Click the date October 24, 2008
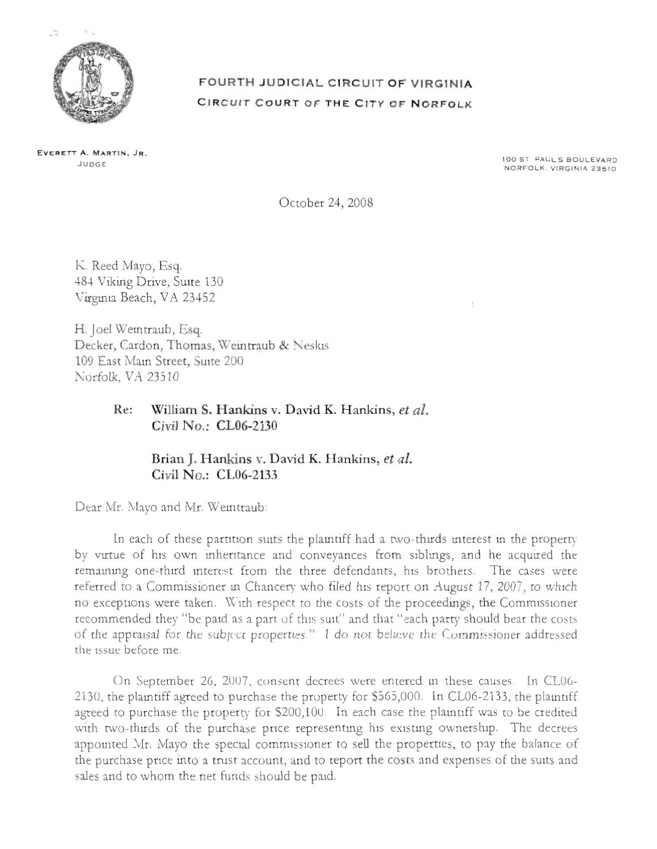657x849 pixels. tap(326, 203)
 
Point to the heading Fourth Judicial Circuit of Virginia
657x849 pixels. tap(335, 84)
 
